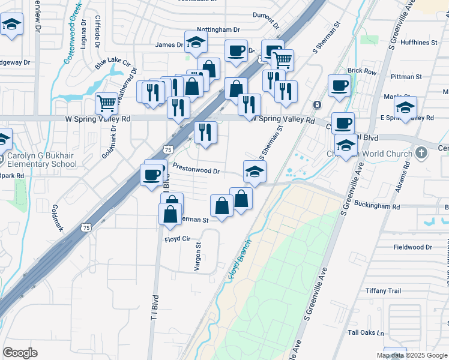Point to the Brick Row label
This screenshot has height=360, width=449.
point(361,71)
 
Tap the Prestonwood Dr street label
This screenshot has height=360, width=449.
point(196,169)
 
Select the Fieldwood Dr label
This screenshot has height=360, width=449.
point(412,247)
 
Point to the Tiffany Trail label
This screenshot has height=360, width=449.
point(383,291)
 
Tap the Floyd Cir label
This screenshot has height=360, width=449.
point(177,239)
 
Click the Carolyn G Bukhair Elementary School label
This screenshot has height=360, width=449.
point(42,159)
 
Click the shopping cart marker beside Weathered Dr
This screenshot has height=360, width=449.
point(107,102)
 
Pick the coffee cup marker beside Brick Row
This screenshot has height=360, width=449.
point(339,85)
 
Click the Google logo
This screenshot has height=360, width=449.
point(20,353)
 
